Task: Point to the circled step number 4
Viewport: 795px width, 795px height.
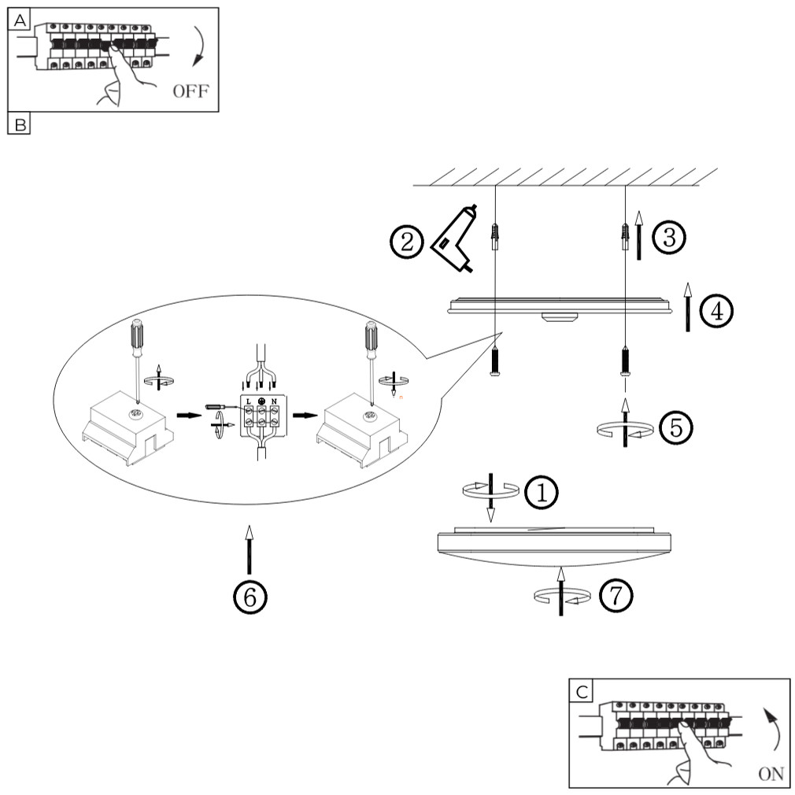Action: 715,312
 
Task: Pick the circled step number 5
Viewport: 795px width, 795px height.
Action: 675,427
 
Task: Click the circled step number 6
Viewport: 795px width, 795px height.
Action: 250,597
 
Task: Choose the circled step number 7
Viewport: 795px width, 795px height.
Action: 616,596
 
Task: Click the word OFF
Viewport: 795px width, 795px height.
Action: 190,91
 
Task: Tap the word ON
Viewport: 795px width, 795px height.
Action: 771,774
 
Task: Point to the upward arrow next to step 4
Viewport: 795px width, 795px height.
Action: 688,307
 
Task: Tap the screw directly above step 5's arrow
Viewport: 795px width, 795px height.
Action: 626,363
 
